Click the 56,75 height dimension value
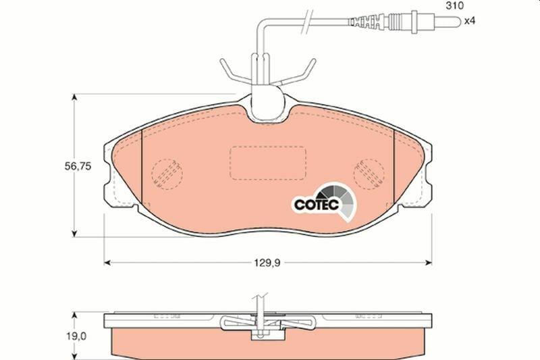78,166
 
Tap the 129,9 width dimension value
267,263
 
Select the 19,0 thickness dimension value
76,336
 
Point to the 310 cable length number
454,5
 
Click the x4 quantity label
469,21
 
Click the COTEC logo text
317,205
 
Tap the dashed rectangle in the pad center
268,163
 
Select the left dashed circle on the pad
167,174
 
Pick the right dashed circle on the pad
369,174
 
